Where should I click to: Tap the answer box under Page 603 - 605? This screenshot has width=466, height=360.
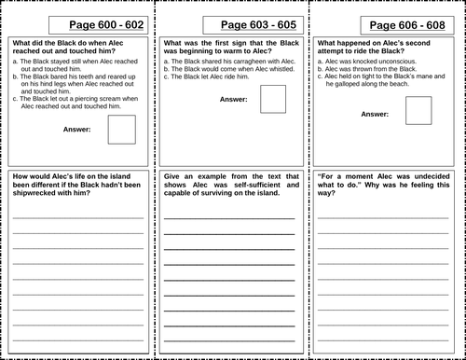pos(273,99)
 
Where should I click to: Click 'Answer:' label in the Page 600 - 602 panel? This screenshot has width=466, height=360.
pos(76,130)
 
